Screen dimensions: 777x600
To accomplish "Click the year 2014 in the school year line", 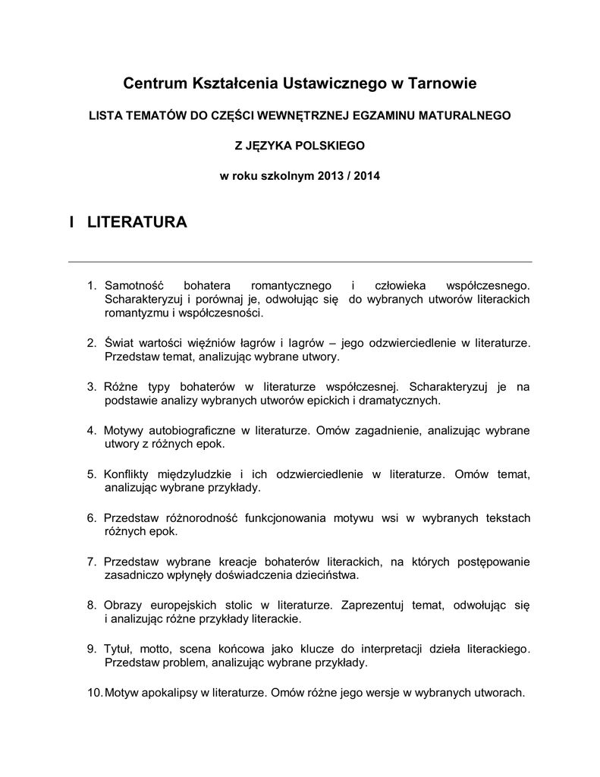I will pos(367,175).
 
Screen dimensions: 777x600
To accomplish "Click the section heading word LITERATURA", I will pos(137,222).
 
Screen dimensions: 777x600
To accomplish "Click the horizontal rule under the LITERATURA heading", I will pos(300,262).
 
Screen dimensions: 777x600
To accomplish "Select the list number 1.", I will pos(91,285).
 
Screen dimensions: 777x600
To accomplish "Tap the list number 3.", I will pos(91,386).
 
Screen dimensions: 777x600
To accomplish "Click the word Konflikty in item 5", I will pos(128,473).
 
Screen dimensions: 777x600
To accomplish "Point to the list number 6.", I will pos(91,517).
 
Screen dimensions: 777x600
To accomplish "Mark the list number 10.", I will pos(94,693).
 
